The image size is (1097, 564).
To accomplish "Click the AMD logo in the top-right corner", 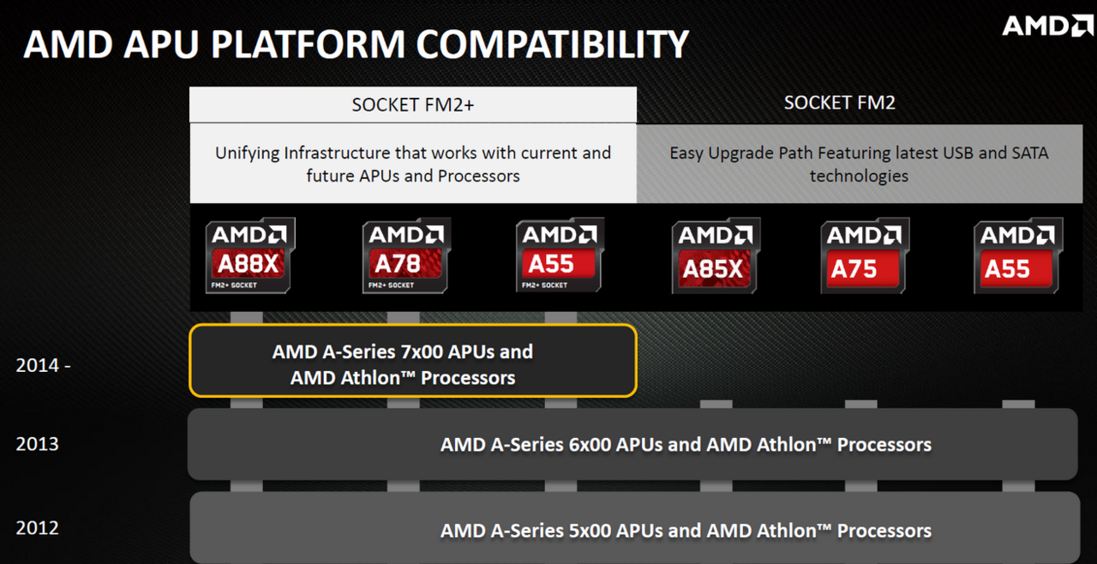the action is coord(1047,26).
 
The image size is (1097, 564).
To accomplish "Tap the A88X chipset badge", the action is coord(250,255).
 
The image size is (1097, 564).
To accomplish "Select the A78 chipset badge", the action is coord(406,255).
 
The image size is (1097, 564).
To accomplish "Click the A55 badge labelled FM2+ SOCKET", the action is coord(560,255).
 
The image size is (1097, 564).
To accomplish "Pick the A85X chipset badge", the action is coord(716,255).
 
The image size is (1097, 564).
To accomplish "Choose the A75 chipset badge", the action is coord(865,255).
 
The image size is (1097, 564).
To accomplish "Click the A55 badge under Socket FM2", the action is coord(1018,255).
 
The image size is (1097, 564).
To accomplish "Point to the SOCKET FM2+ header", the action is coord(413,105).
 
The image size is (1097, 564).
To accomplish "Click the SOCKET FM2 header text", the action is coord(839,103).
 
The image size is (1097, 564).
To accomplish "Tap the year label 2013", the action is coord(37,444).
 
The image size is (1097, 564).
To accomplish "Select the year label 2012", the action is coord(37,528).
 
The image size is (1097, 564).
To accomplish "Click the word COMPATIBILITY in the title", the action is coord(553,45).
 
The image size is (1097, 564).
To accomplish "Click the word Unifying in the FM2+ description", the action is coord(248,153).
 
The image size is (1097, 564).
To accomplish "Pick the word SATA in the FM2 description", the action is coord(1030,153).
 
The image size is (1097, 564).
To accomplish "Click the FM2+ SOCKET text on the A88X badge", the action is coord(234,285).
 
